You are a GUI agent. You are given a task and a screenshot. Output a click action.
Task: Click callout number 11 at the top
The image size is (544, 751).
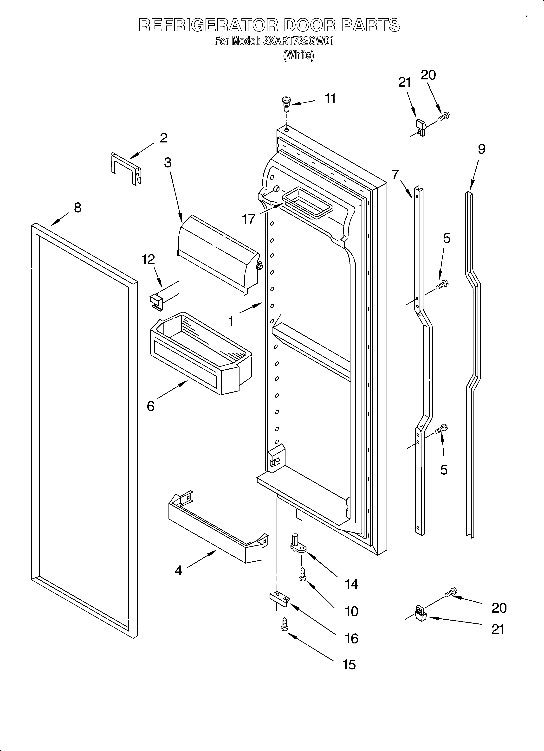click(x=330, y=99)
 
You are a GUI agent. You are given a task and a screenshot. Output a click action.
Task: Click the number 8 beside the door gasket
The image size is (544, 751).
click(x=78, y=208)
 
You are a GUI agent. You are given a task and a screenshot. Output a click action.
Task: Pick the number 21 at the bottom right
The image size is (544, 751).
click(x=498, y=629)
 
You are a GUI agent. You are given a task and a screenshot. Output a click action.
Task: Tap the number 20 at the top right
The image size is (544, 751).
click(x=428, y=75)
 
